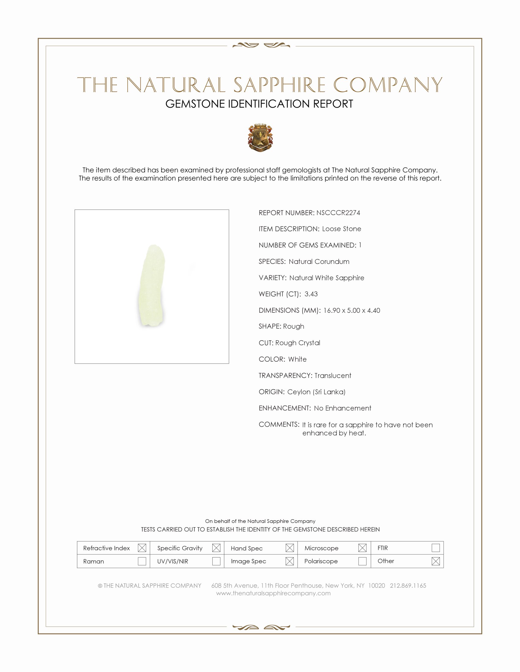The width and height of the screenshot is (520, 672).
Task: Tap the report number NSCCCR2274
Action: (338, 213)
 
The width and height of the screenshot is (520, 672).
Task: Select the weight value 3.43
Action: (311, 294)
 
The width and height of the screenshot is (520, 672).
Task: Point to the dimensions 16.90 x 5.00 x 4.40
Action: (351, 310)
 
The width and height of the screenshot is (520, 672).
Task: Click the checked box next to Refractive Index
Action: (142, 548)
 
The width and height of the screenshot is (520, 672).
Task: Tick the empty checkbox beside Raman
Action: (142, 561)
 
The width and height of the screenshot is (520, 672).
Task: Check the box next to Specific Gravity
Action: (216, 548)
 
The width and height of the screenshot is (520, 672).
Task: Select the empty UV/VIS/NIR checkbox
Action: (216, 561)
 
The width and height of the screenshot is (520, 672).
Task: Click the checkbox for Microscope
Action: (362, 548)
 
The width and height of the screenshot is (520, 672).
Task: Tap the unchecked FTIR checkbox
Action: (436, 548)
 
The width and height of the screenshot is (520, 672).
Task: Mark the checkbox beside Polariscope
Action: (362, 561)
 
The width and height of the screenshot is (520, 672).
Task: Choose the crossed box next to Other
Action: (436, 561)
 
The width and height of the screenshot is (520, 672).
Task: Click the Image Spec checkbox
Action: (290, 561)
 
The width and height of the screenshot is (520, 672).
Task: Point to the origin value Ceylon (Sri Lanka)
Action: (316, 392)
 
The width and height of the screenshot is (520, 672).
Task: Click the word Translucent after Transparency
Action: (333, 375)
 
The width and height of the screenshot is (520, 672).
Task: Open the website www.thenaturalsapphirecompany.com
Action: (273, 593)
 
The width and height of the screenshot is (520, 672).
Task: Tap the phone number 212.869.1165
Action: (408, 586)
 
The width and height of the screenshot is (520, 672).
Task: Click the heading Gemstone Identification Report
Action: (259, 104)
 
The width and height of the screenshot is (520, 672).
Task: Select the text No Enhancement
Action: (343, 408)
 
